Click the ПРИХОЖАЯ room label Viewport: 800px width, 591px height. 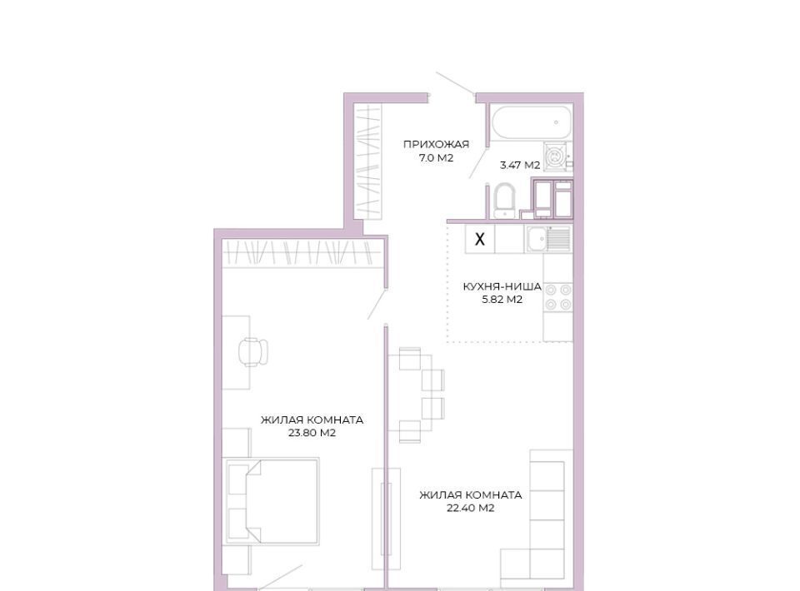point(436,145)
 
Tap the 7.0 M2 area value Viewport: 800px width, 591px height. point(436,158)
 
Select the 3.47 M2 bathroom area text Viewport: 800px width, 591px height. point(520,165)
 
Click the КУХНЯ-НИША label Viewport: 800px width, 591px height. point(502,286)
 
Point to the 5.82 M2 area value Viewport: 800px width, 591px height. point(502,300)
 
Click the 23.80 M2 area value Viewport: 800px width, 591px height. point(312,433)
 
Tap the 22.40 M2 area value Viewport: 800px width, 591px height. point(470,508)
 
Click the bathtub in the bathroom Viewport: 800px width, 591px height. point(530,122)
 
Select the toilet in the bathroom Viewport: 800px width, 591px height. point(505,201)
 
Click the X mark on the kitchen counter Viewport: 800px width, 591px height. point(480,239)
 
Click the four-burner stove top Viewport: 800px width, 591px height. point(558,297)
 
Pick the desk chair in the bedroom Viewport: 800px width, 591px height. point(253,351)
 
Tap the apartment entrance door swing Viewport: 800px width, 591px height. point(456,84)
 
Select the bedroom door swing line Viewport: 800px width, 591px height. point(377,304)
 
